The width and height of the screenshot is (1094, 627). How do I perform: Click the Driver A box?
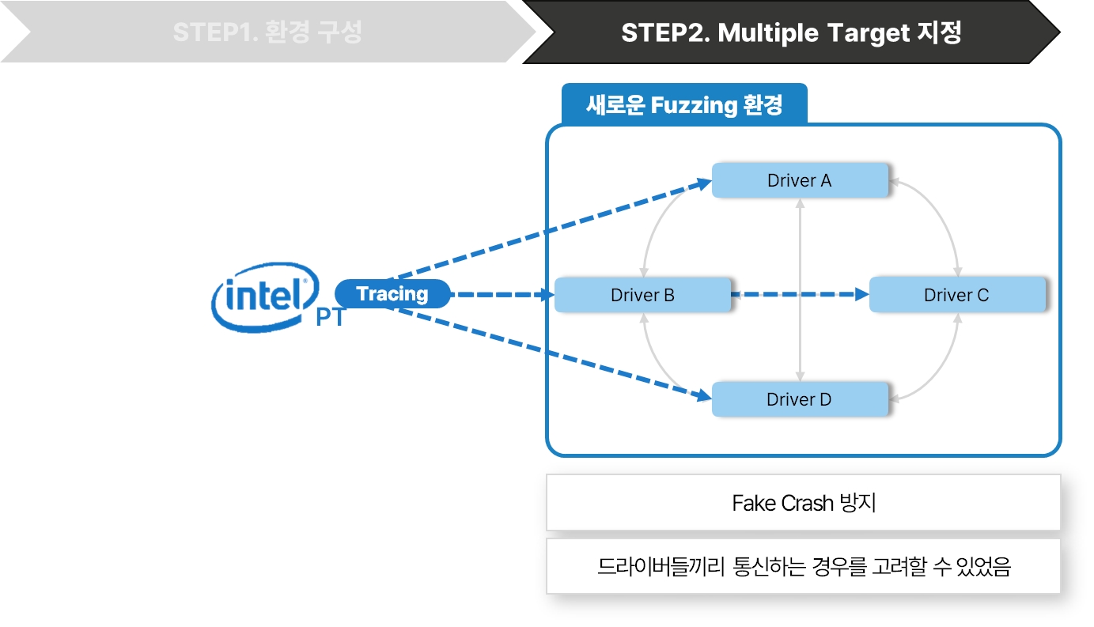click(x=799, y=180)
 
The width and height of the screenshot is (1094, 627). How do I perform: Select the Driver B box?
click(x=642, y=295)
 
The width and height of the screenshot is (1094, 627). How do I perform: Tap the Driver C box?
click(x=956, y=295)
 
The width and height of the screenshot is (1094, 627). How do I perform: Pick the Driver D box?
click(x=799, y=399)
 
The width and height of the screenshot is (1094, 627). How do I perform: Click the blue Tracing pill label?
click(x=392, y=294)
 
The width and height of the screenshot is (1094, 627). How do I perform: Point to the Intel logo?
click(x=264, y=297)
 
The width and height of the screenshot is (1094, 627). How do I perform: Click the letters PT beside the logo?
click(x=331, y=318)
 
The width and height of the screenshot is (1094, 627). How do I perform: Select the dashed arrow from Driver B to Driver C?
click(x=799, y=295)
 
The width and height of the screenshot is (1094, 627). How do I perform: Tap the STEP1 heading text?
click(x=267, y=33)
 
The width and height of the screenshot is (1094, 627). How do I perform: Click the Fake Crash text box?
click(x=803, y=503)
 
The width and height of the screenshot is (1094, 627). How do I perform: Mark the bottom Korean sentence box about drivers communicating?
click(x=803, y=567)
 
